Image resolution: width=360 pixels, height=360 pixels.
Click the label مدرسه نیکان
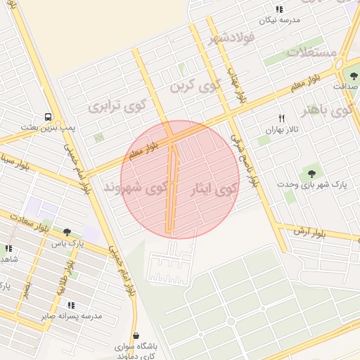click(280, 20)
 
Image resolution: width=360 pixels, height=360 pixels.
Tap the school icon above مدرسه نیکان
click(279, 9)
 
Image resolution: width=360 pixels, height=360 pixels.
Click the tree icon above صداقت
click(354, 76)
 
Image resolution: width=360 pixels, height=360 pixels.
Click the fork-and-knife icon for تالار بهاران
click(282, 118)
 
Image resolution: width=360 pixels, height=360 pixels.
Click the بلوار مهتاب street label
click(235, 85)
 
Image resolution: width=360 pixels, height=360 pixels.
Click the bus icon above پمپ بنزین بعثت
click(48, 116)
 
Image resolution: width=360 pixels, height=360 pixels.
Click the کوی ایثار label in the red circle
click(214, 188)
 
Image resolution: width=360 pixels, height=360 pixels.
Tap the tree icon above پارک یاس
click(67, 231)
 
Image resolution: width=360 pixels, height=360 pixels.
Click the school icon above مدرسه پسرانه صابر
click(71, 305)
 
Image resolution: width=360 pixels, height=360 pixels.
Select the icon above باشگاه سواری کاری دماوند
click(136, 336)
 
